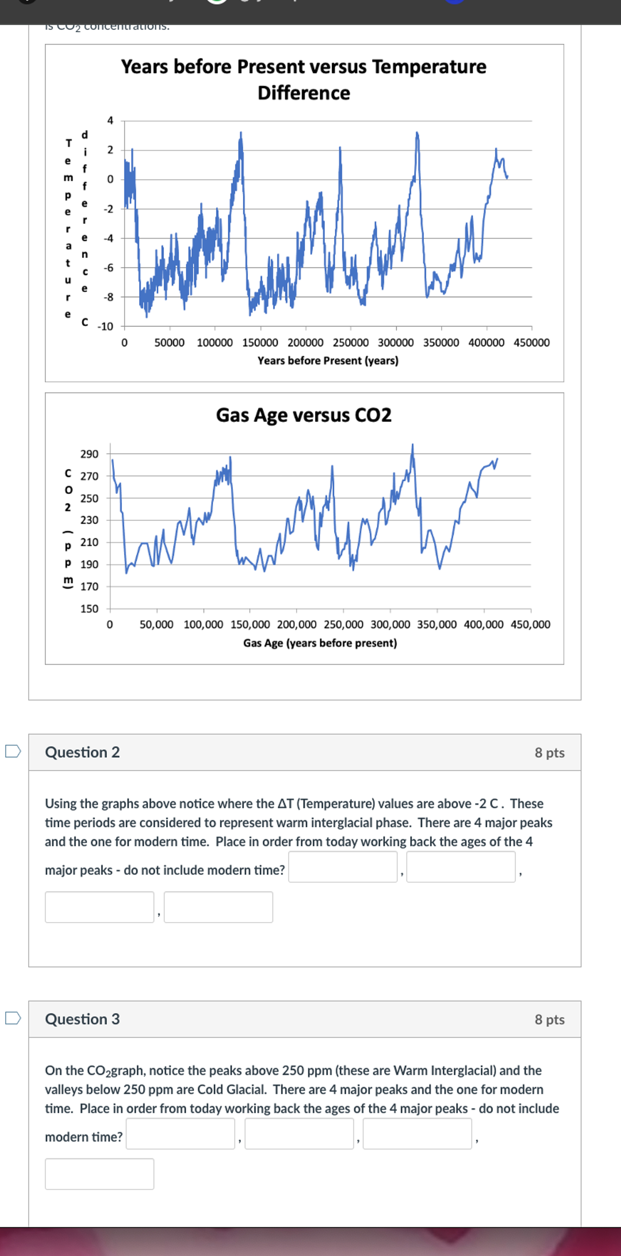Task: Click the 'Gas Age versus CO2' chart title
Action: pyautogui.click(x=304, y=415)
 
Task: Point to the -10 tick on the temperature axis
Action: pyautogui.click(x=105, y=327)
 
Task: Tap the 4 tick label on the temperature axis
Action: pyautogui.click(x=110, y=120)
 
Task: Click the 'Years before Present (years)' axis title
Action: pyautogui.click(x=328, y=361)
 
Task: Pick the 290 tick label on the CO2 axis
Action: pyautogui.click(x=89, y=454)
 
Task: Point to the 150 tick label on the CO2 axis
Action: pyautogui.click(x=89, y=609)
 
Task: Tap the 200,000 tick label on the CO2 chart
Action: pyautogui.click(x=296, y=624)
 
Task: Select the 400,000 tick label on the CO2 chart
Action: pyautogui.click(x=483, y=624)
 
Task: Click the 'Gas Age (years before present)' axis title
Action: pyautogui.click(x=320, y=643)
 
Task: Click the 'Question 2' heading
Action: pyautogui.click(x=82, y=752)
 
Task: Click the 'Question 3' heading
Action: pyautogui.click(x=82, y=1019)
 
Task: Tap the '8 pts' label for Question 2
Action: pyautogui.click(x=549, y=753)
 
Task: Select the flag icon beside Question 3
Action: pyautogui.click(x=13, y=1018)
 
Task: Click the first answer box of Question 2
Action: pyautogui.click(x=342, y=866)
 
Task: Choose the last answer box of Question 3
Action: pyautogui.click(x=99, y=1174)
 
